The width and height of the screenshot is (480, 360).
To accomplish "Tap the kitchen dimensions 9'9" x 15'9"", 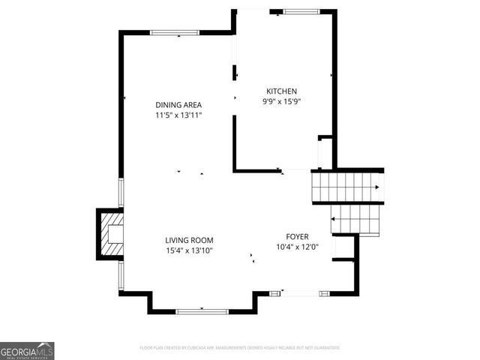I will pos(281,101).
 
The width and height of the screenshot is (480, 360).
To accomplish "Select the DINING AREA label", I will pos(178,105).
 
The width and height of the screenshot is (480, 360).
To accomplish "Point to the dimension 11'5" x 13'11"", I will pos(178,115).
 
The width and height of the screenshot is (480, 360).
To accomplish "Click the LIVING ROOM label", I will pos(189,240).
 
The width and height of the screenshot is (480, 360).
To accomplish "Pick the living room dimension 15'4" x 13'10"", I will pos(189,250).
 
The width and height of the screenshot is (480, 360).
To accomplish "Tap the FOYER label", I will pos(297,235).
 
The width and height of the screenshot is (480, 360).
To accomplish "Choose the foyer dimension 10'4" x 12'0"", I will pos(297,246).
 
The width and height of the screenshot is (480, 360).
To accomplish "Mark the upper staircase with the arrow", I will pos(346,187).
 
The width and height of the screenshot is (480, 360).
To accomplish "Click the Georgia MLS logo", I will pos(27,350).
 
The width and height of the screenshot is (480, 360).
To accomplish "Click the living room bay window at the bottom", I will pos(202,310).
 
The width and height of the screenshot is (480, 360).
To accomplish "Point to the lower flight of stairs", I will pos(356,219).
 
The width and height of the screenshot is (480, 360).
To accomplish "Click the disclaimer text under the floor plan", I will pos(240,348).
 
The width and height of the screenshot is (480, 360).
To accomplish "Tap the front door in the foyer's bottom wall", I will pos(300,292).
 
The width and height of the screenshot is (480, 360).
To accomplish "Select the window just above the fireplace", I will pos(121,193).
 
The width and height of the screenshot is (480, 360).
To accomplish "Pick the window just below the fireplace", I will pos(121,274).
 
